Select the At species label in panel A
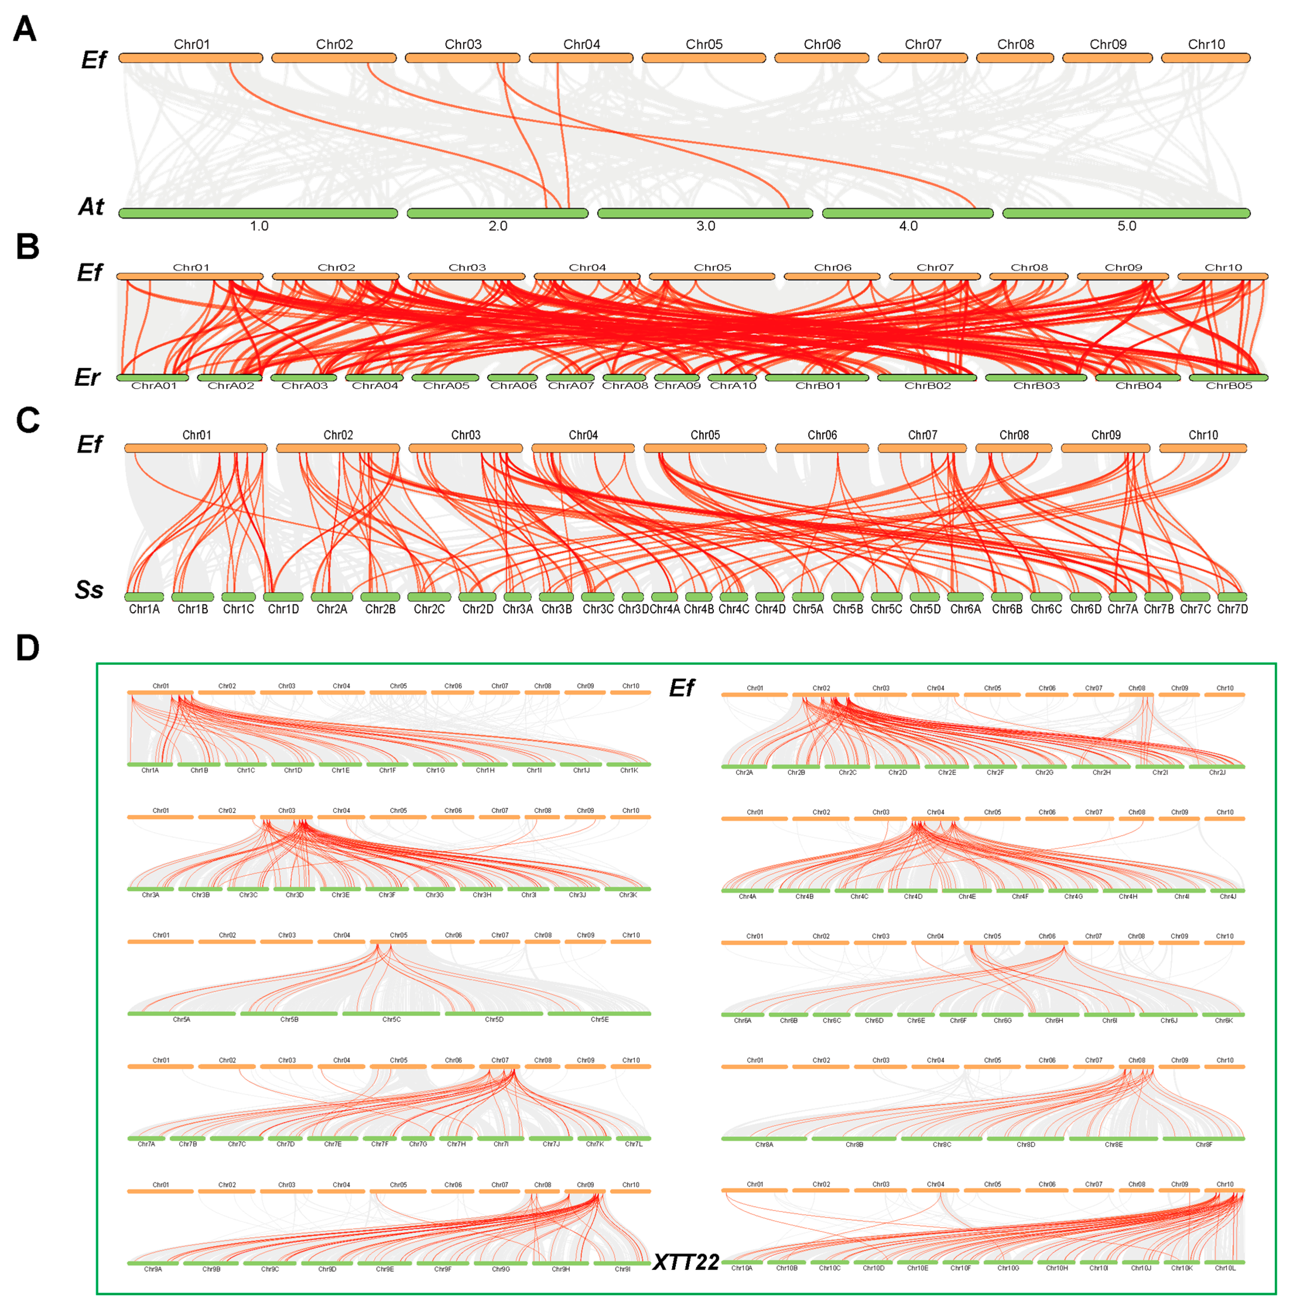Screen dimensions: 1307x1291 coord(91,206)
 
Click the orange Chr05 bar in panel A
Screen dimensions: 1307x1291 coord(703,58)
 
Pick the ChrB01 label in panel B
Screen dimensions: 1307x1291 coord(818,386)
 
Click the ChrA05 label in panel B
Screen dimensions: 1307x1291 coord(446,386)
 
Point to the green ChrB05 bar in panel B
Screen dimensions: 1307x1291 coord(1228,378)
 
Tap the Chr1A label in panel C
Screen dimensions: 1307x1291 coord(144,609)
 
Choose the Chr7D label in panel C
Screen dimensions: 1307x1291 coord(1232,609)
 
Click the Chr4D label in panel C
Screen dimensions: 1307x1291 coord(770,609)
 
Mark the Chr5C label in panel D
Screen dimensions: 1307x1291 coord(392,1019)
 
